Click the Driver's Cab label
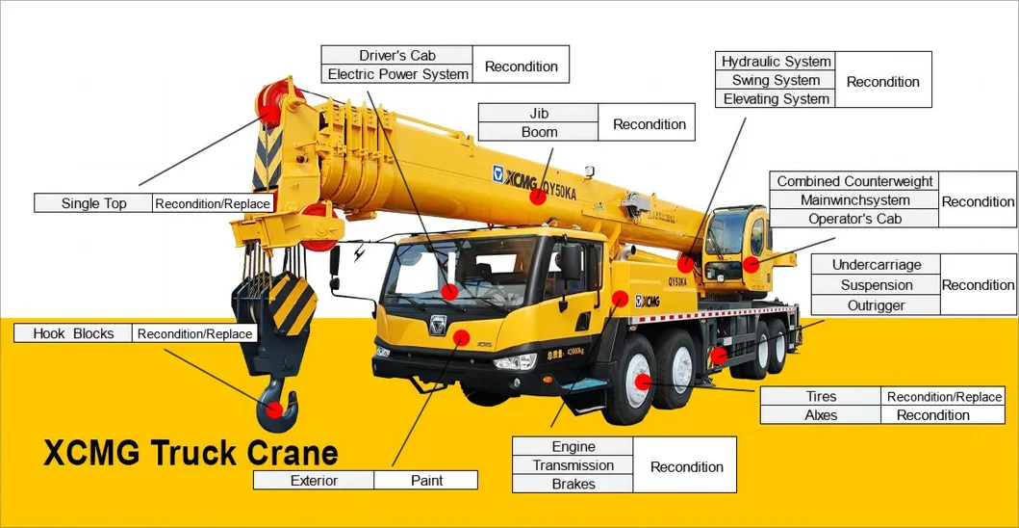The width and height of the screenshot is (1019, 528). coord(397,55)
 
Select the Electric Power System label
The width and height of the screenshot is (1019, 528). coord(397,74)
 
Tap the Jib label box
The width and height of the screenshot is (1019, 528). coord(538,114)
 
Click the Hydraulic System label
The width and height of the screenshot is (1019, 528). coord(776,62)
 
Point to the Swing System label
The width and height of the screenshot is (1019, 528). coord(776,80)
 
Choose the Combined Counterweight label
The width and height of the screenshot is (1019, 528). coord(854,181)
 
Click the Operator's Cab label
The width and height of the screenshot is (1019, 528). coord(854,219)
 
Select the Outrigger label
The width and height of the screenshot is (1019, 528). coord(876,304)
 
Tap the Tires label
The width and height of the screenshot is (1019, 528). coord(821,397)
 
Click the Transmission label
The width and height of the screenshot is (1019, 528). coord(573,465)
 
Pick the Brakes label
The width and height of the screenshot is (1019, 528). coord(573,484)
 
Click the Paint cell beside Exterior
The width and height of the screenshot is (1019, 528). coord(426,481)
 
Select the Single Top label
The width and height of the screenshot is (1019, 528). coord(93,203)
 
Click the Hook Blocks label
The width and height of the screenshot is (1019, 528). coord(73,333)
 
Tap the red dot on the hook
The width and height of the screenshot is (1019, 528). coord(275,410)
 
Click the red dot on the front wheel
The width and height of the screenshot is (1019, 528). coord(643,383)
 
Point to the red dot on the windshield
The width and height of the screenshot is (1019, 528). coord(449,291)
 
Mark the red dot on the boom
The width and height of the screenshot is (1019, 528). coord(538,196)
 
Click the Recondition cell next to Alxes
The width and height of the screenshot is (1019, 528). coord(932,414)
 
